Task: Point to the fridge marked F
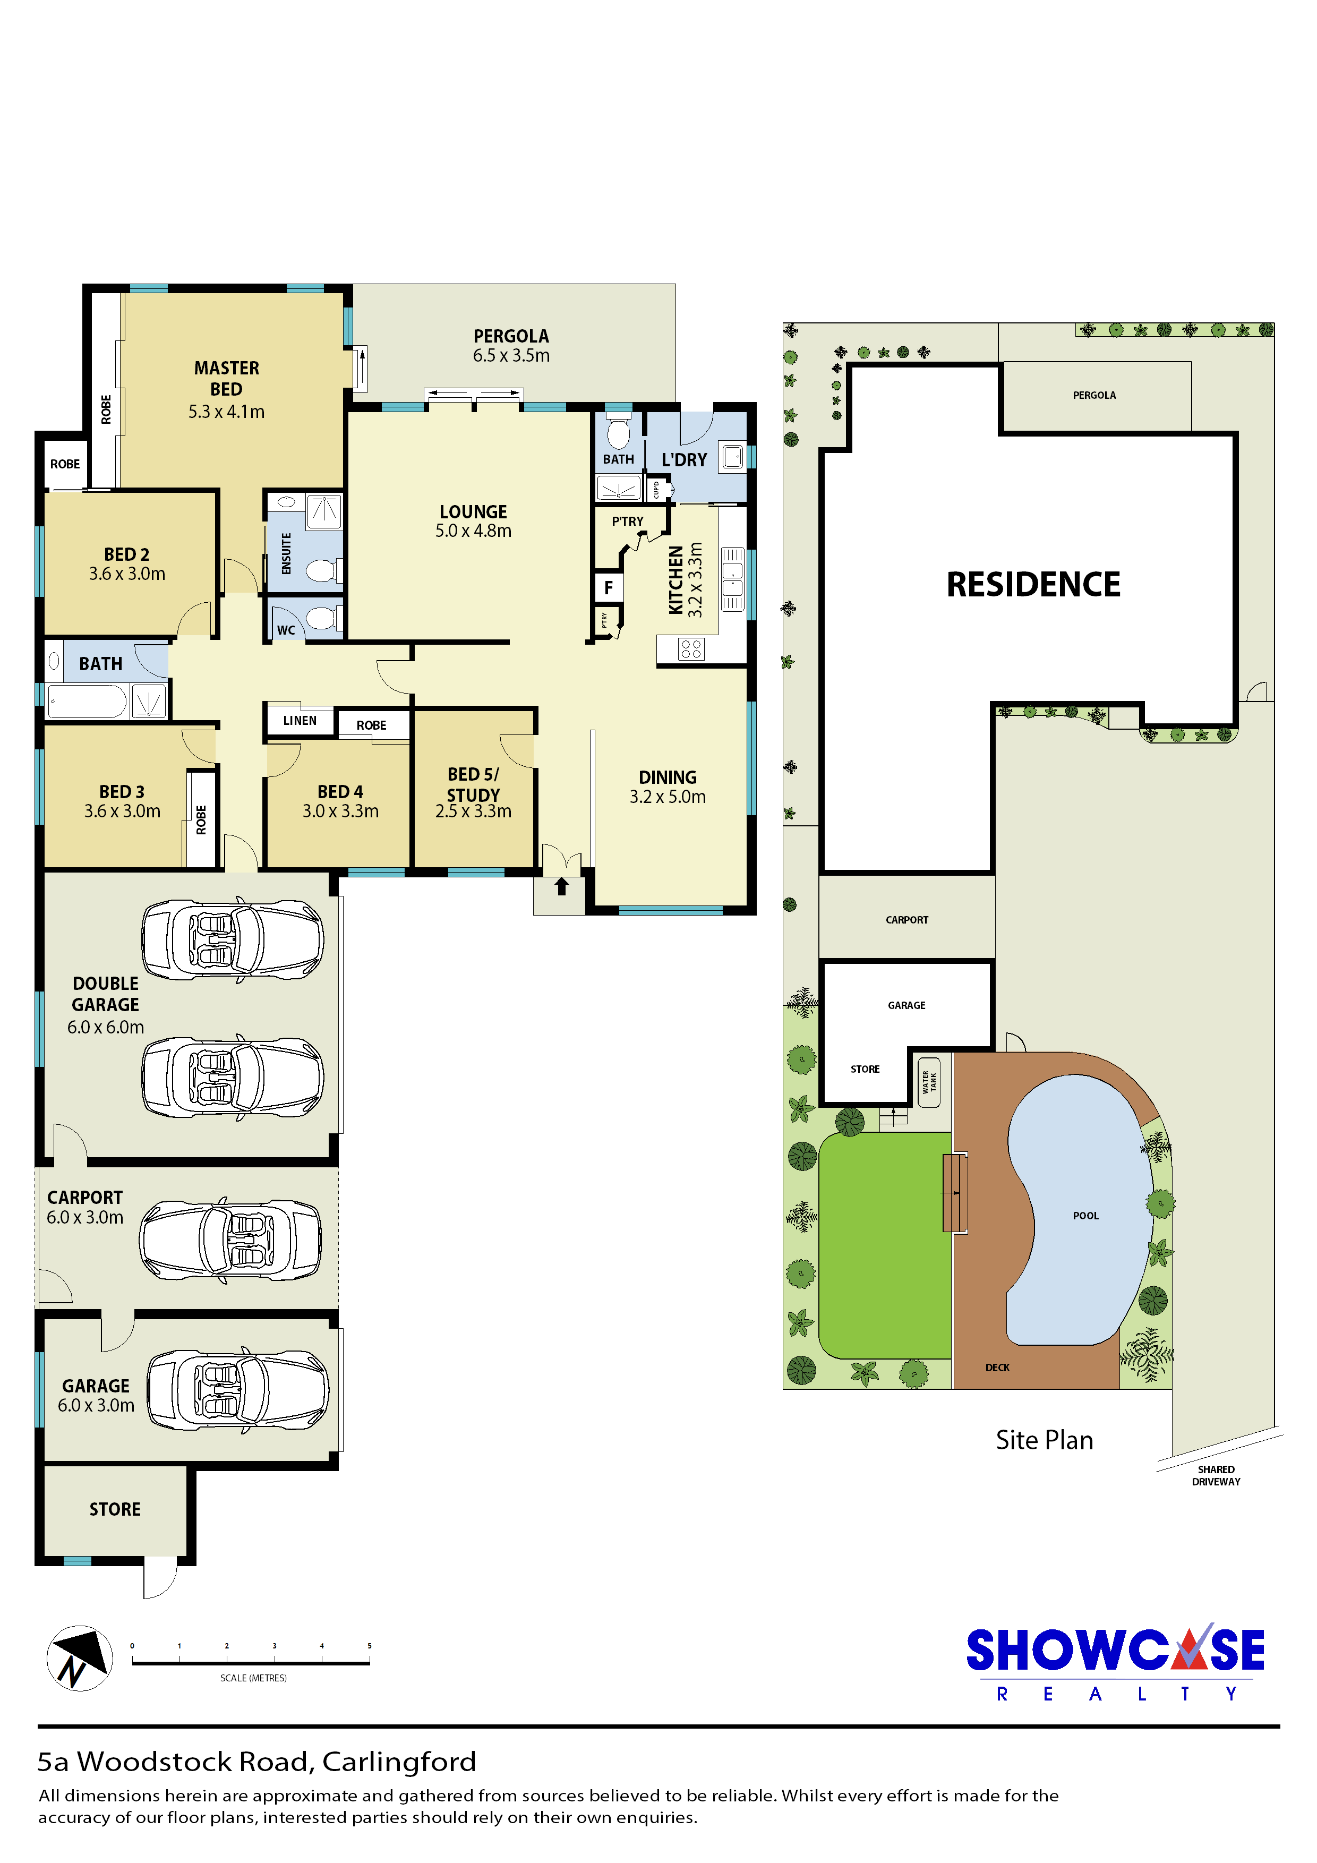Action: click(609, 587)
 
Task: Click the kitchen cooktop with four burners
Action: click(691, 648)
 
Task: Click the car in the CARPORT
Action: click(230, 1240)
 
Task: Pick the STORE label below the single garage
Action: click(115, 1509)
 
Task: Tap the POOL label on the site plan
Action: click(1086, 1216)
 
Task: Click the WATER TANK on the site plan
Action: click(929, 1082)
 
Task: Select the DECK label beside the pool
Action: click(997, 1367)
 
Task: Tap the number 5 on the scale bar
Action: click(369, 1646)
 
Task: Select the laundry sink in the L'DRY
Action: click(733, 457)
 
